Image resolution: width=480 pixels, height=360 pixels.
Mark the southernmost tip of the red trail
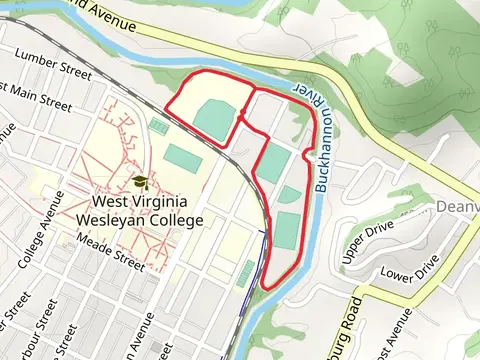coord(266,287)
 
